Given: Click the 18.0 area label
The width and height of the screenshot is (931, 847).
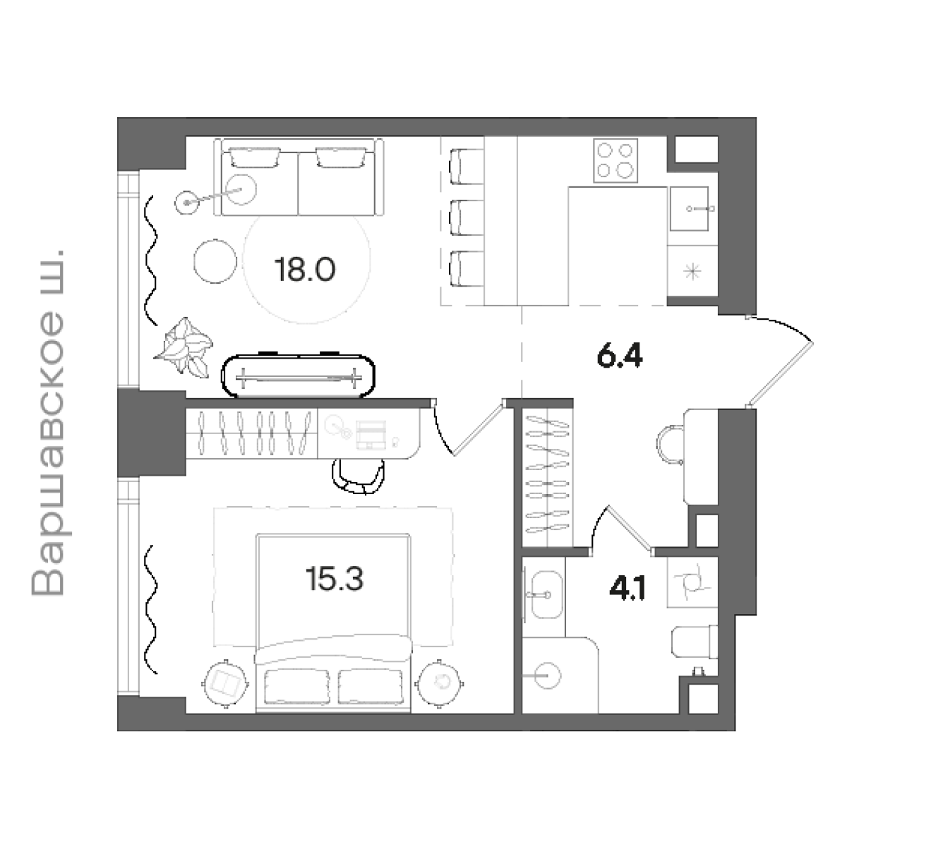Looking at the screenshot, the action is [x=304, y=270].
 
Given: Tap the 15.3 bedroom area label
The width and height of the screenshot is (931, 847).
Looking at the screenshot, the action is [x=334, y=579].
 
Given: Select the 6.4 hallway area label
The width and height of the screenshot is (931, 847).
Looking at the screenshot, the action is [x=620, y=357].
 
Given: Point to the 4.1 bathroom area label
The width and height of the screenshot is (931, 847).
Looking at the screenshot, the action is [x=627, y=589].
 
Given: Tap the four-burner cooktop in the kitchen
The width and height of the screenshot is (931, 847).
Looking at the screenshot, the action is [x=615, y=160].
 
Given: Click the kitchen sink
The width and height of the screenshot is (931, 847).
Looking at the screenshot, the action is [x=689, y=209].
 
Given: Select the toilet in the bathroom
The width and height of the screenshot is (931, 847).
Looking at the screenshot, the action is [x=695, y=642].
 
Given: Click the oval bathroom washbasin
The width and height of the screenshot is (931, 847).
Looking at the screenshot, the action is [x=547, y=594].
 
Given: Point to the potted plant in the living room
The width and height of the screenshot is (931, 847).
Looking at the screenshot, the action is [x=184, y=347].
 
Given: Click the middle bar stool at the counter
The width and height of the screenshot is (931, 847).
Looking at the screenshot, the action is [x=466, y=217].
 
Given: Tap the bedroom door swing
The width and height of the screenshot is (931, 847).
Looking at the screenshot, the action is [x=468, y=428].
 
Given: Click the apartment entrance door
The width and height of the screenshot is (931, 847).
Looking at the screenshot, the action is [x=780, y=362].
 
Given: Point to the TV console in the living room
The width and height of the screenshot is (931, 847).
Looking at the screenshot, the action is [x=298, y=376].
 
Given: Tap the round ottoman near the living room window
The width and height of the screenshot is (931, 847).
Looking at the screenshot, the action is [x=215, y=261].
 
